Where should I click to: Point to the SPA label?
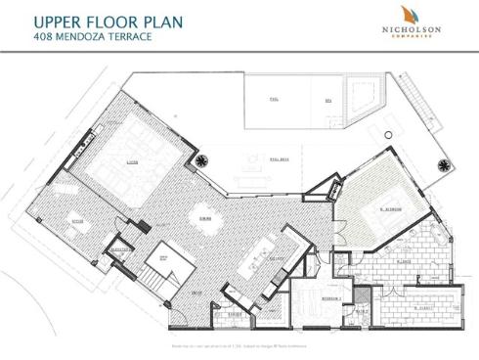coord(327,100)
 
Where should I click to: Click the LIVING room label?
coord(130,162)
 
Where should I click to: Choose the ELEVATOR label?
coord(122,249)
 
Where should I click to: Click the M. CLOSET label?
coord(422,306)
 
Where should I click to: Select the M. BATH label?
coord(403,262)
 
